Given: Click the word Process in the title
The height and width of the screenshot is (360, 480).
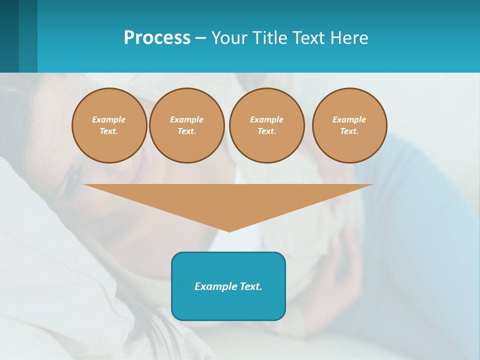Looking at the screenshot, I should [x=157, y=38].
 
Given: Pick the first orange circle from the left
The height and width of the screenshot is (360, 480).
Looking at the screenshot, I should [x=109, y=125].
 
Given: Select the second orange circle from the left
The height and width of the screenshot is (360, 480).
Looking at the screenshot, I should [x=186, y=125].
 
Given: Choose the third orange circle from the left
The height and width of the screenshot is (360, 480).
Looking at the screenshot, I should [x=266, y=125].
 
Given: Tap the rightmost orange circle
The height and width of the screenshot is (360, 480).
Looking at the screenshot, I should [x=349, y=125].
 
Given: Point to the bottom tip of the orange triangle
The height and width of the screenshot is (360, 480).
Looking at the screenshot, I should [x=229, y=231].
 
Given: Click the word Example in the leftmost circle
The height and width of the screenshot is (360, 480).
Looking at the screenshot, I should [x=109, y=119].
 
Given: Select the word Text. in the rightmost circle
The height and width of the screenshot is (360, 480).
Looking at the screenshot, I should [x=349, y=131].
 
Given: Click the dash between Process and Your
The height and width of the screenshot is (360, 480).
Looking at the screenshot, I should [x=200, y=38].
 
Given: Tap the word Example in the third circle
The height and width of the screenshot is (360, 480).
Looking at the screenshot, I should [x=266, y=119].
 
